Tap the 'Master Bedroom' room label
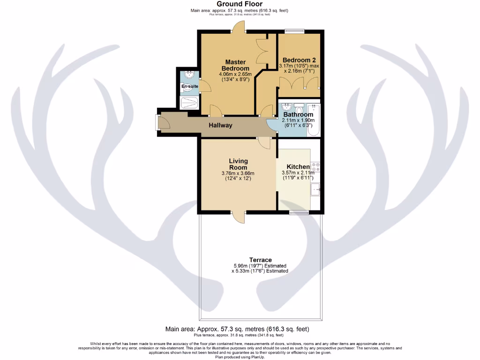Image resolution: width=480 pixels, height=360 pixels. coord(236,65)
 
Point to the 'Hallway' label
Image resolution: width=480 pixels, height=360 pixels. coord(220,125)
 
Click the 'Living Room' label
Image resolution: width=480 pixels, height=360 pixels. coord(238,164)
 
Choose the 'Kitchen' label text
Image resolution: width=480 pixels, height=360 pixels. coord(298,167)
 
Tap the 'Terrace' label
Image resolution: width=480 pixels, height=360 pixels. coord(260,260)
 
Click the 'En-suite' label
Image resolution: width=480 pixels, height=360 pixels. coord(189,86)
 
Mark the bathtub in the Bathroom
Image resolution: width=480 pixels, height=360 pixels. coord(314,120)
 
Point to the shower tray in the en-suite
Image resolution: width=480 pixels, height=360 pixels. coord(189,102)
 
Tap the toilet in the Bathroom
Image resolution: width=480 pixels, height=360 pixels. coord(300,110)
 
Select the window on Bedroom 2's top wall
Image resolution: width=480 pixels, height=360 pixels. coord(294,31)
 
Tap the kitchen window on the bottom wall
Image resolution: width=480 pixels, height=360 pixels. coord(299,212)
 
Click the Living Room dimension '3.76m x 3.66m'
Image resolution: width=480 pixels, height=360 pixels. coord(238,173)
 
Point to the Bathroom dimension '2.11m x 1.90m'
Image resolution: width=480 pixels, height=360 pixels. coord(298,120)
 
